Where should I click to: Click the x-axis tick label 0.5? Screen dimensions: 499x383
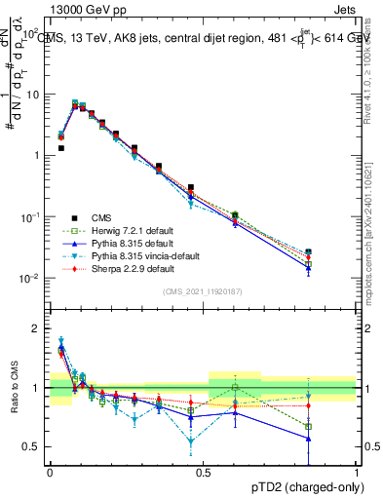point(203,471)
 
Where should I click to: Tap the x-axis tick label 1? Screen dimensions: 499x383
point(357,471)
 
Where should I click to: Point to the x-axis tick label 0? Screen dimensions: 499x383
point(50,471)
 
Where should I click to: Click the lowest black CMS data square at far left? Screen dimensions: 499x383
point(61,148)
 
